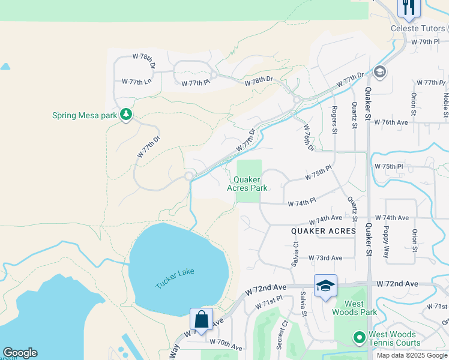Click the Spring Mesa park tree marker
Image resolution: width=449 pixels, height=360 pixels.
[x=125, y=114]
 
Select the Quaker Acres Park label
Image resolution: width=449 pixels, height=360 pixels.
[x=247, y=184]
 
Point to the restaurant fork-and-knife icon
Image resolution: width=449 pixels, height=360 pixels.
[x=409, y=7]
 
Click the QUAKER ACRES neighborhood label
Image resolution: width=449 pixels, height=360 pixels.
[x=324, y=231]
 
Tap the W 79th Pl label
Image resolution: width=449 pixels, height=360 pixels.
[x=426, y=43]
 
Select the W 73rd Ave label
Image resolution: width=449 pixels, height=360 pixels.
[x=325, y=258]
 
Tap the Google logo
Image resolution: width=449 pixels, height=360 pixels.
[x=20, y=353]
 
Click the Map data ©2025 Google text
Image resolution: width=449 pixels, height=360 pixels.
[x=412, y=355]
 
